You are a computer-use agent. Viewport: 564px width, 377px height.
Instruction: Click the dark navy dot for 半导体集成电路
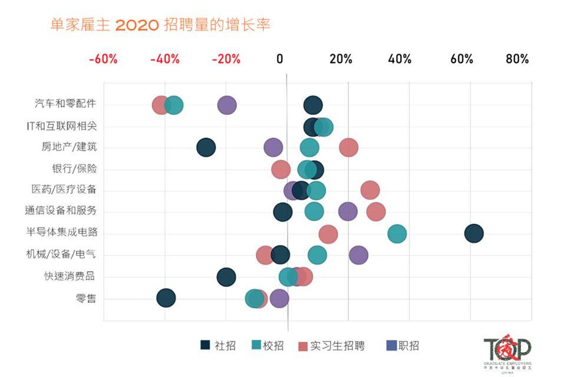[x=473, y=233]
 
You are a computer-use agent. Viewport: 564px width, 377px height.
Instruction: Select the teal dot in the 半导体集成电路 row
[x=397, y=234]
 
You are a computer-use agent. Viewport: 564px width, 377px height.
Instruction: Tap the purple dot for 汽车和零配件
[x=227, y=105]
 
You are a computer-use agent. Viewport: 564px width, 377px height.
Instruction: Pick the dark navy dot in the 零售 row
[x=166, y=298]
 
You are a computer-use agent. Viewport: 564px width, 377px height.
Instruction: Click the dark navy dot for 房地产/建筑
[x=206, y=147]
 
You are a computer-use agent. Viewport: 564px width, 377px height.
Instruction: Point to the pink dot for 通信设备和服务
[x=375, y=212]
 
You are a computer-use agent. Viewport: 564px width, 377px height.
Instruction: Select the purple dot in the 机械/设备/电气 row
[x=358, y=255]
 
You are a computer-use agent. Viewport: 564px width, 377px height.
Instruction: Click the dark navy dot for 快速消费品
[x=226, y=277]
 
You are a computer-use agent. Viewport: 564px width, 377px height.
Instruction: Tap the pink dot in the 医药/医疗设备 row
[x=370, y=190]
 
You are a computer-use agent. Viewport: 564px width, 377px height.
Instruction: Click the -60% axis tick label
[x=103, y=59]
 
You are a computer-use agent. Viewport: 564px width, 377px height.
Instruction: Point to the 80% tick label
[x=516, y=59]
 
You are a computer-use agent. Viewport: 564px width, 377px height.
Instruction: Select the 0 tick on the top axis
[x=280, y=59]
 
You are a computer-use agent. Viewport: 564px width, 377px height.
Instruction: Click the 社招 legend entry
[x=218, y=346]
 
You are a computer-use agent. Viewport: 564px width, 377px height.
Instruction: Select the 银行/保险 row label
[x=74, y=168]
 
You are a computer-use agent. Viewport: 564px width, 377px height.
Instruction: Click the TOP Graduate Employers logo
[x=507, y=354]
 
